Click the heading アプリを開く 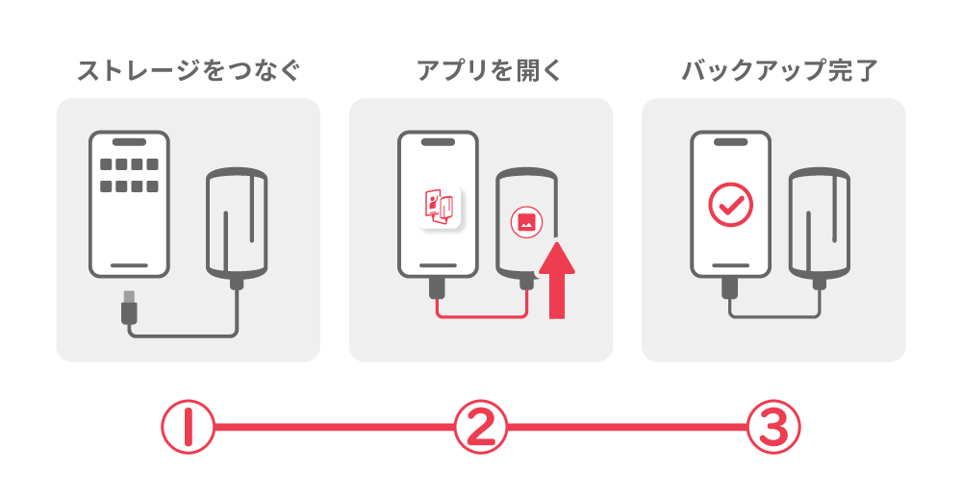[480, 70]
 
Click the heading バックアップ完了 [773, 70]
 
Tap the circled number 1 [188, 426]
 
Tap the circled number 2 [480, 426]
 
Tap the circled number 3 [773, 426]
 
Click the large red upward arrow [555, 280]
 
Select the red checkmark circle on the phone [731, 204]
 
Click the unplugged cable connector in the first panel [129, 310]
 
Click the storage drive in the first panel [237, 223]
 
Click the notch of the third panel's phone [731, 141]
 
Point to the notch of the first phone [129, 141]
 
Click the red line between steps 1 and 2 [334, 426]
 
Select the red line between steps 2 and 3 [626, 426]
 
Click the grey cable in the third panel [775, 315]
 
